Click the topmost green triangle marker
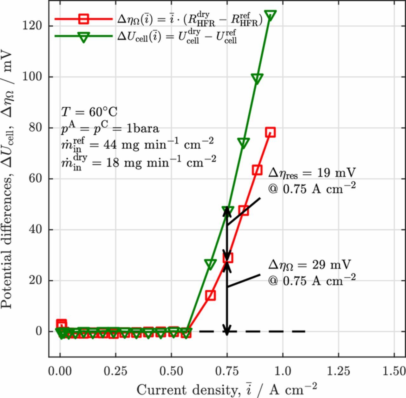point(270,15)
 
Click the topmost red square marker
point(270,132)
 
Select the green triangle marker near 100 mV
point(257,78)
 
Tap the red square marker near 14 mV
point(210,295)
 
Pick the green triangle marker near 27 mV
point(210,264)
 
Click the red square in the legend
point(83,19)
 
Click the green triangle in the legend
point(83,37)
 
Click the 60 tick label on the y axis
point(36,179)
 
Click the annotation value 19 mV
point(336,172)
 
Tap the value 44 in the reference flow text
point(111,145)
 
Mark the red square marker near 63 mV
point(257,170)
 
